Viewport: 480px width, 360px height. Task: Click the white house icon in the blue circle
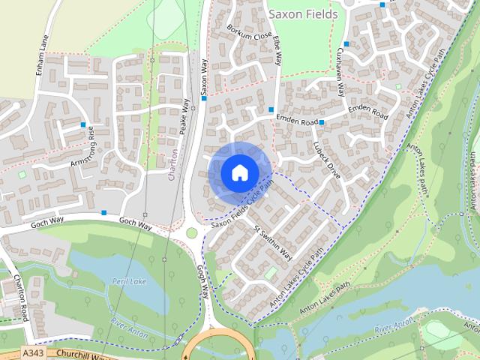click(x=239, y=172)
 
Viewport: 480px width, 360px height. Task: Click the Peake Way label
click(x=184, y=116)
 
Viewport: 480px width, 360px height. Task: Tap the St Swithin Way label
click(x=273, y=242)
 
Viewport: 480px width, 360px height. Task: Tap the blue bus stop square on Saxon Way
click(x=203, y=97)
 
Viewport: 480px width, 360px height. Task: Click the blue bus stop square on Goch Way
click(x=104, y=213)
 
